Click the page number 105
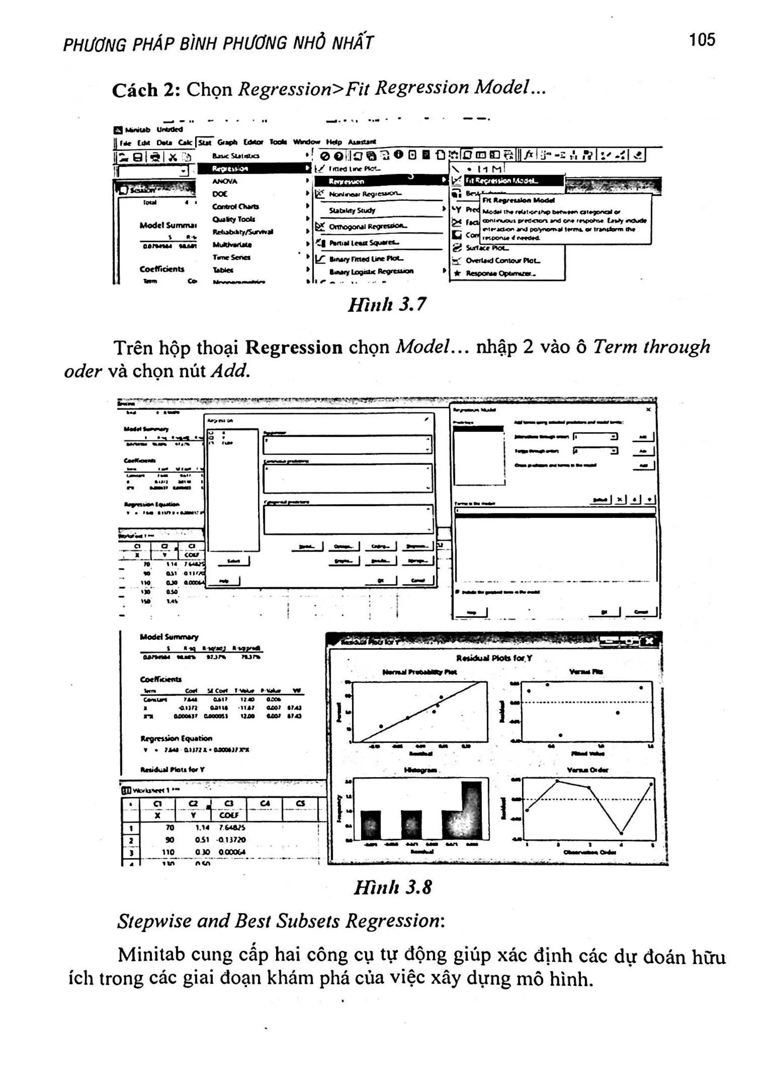click(702, 40)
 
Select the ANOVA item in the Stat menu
click(224, 181)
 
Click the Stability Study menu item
click(352, 210)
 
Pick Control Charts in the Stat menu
click(236, 206)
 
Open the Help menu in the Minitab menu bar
click(334, 142)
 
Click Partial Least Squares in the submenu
click(364, 242)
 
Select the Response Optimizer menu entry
click(501, 273)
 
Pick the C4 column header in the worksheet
click(265, 803)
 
